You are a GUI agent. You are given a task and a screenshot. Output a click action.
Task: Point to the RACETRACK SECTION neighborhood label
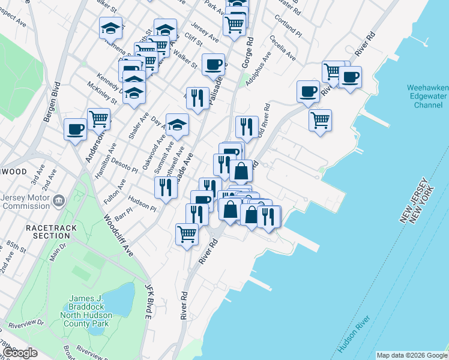(x=47, y=232)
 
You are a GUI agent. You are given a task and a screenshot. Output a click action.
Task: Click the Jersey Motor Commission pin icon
(x=58, y=199)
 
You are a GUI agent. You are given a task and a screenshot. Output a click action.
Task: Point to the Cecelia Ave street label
(x=283, y=48)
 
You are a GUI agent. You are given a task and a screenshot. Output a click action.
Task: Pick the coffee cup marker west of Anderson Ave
(x=76, y=130)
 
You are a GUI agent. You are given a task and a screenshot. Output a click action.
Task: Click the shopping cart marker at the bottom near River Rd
(x=187, y=234)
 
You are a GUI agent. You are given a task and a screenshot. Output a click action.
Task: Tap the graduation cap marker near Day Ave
(x=177, y=125)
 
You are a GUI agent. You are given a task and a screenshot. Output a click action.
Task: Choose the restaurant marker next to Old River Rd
(x=247, y=127)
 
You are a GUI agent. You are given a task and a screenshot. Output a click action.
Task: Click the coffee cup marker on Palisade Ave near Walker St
(x=212, y=65)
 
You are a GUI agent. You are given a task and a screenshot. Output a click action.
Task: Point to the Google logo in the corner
(x=20, y=353)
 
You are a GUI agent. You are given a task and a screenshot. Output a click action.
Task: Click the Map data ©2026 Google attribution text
(x=412, y=355)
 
